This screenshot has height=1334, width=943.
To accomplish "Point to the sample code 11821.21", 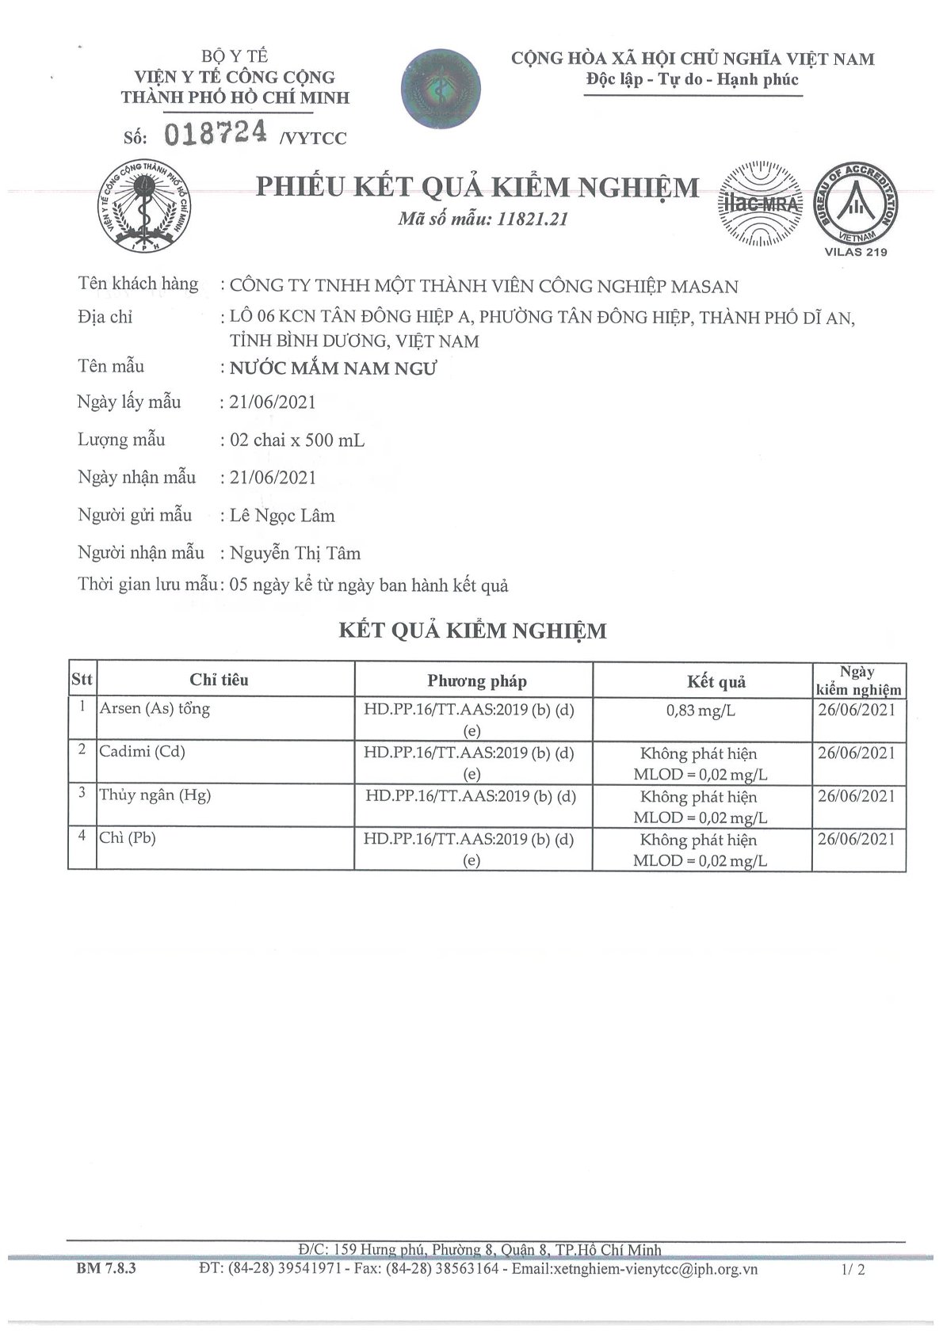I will click(533, 219).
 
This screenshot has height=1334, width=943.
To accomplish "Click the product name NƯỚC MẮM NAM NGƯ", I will click(333, 368).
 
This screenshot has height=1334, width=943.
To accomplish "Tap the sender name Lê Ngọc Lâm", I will click(282, 516).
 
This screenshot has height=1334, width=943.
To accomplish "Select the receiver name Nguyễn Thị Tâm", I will click(295, 553).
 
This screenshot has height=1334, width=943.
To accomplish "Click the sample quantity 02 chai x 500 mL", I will click(297, 440).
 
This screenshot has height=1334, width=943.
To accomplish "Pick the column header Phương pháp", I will click(477, 680).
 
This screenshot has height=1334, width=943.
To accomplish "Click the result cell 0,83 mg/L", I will click(701, 711).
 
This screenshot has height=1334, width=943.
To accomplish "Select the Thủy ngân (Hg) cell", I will click(155, 795).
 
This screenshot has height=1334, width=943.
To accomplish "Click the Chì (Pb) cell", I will click(128, 837).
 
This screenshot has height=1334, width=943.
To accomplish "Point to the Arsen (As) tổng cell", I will click(155, 708).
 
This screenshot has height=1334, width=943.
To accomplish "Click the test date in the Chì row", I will click(856, 839).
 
